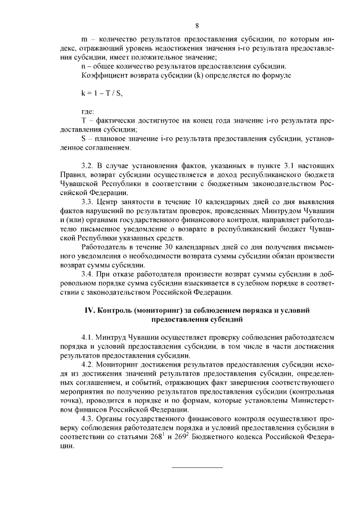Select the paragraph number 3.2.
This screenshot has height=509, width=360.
(87, 166)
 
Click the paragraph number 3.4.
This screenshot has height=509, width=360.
(87, 274)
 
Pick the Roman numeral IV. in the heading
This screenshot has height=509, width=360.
(89, 310)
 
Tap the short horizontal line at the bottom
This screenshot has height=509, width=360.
(197, 467)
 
